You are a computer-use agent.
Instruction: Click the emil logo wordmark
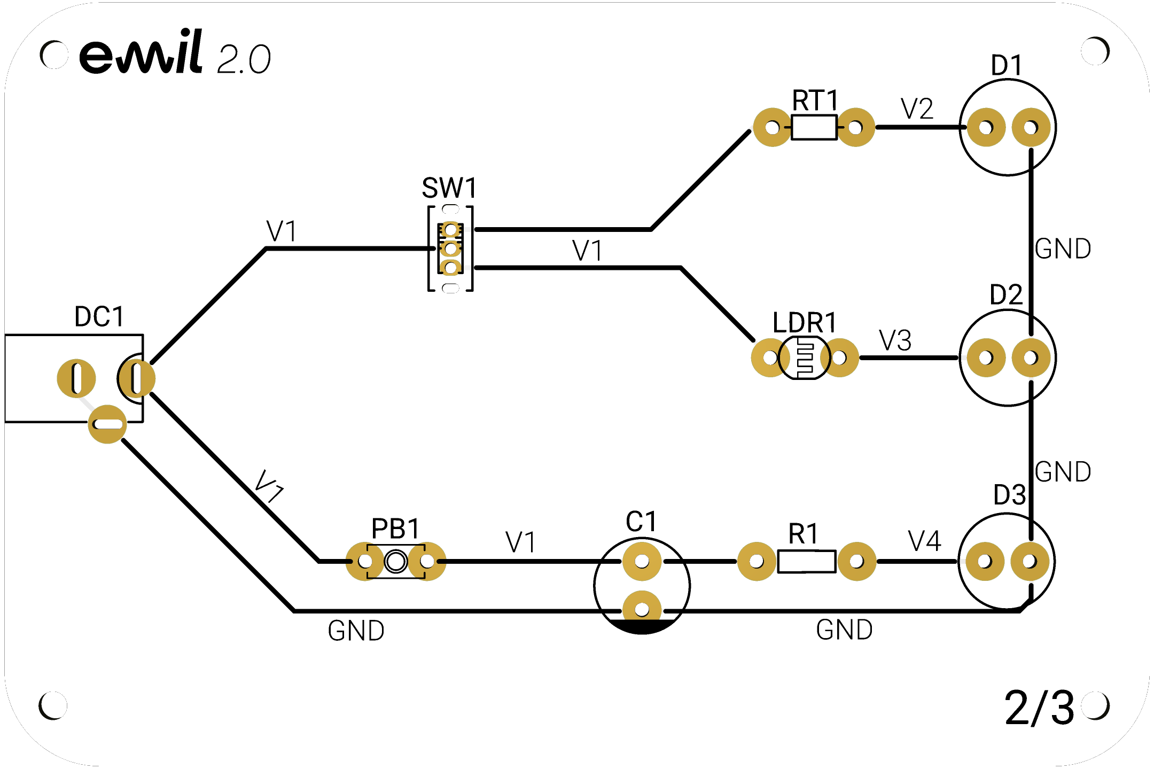point(141,51)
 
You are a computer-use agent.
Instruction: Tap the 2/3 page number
point(1039,708)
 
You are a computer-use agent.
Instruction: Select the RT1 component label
point(815,100)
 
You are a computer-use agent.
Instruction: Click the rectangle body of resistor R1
point(807,562)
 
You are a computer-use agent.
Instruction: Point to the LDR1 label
point(805,323)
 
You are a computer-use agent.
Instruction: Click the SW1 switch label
point(449,188)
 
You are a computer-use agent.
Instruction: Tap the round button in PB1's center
point(396,562)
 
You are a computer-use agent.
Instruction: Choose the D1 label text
point(1007,65)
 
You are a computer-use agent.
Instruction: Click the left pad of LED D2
point(986,358)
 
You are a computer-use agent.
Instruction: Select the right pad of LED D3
point(1030,562)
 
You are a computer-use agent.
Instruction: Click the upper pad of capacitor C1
point(642,562)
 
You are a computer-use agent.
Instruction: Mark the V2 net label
point(917,109)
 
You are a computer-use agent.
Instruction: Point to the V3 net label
point(895,340)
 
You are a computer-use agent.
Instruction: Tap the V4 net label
point(924,541)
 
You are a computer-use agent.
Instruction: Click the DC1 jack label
point(99,317)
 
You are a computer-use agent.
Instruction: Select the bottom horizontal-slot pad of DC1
point(107,424)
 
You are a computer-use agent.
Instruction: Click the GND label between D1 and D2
point(1063,249)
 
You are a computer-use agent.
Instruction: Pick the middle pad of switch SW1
point(450,248)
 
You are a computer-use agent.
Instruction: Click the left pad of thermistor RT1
point(773,127)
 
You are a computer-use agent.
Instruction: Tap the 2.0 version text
point(244,59)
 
